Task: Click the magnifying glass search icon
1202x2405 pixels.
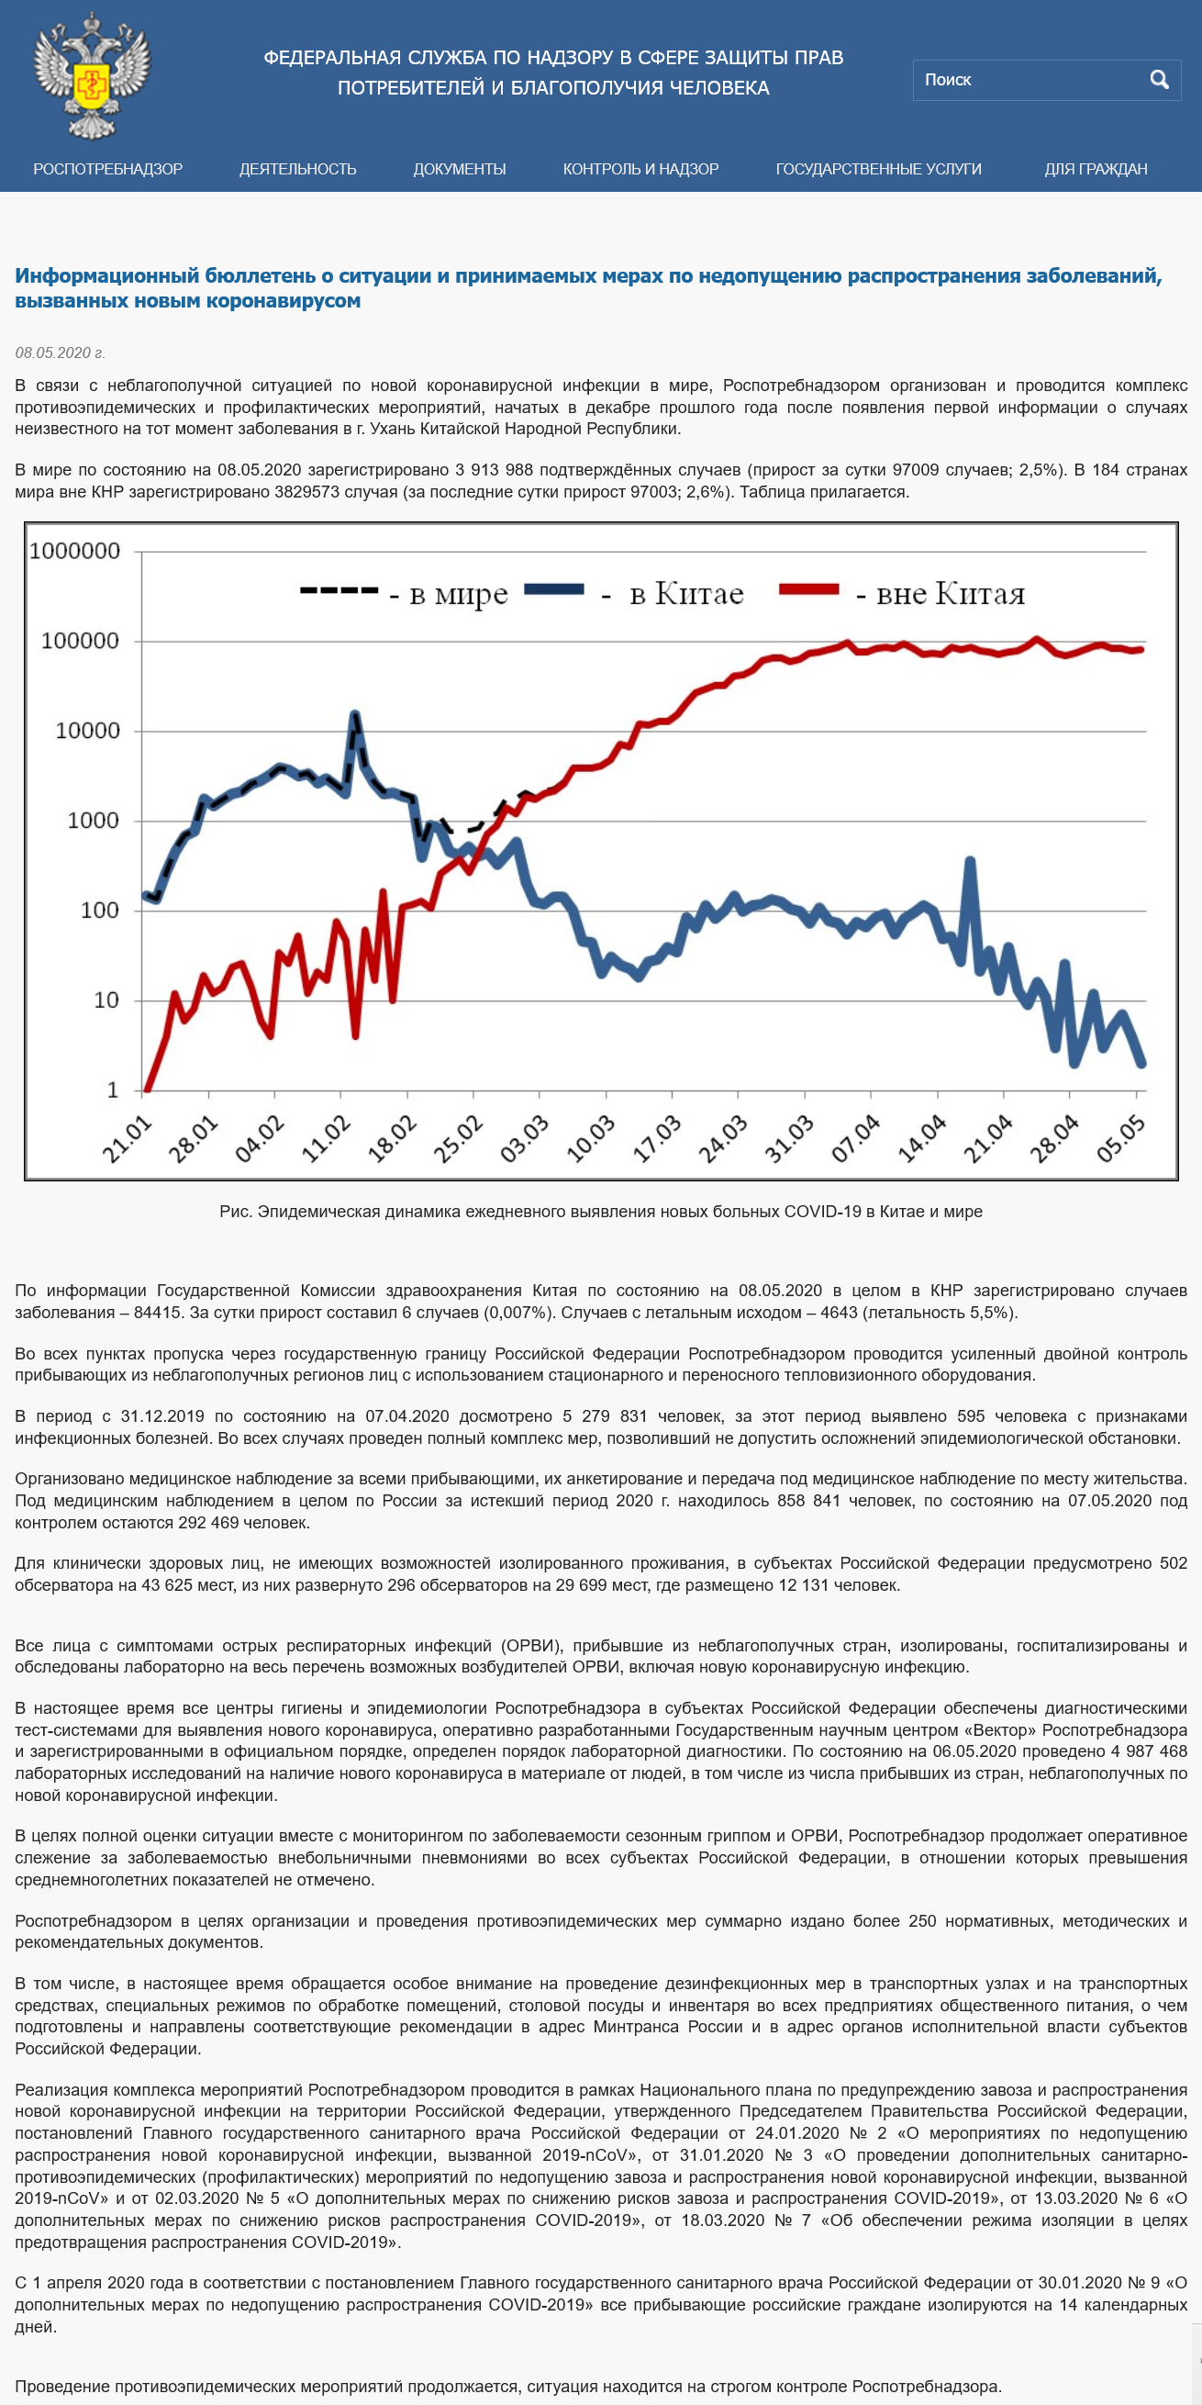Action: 1159,79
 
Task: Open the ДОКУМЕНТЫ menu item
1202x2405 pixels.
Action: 459,169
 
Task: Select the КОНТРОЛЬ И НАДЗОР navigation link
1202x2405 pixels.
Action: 640,169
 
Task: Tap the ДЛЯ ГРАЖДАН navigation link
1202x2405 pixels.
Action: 1096,169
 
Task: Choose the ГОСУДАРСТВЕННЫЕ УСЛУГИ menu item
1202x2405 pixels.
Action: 878,169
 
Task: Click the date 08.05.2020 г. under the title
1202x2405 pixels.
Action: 60,352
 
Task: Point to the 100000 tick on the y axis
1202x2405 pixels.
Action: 80,641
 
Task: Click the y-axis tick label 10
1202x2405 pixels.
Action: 106,1000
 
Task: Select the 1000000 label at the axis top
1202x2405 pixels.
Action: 74,551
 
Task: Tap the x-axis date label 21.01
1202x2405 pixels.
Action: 127,1138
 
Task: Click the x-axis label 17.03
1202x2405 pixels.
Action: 657,1138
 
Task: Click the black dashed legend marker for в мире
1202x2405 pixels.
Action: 339,590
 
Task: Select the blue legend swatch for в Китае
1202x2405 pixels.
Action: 554,589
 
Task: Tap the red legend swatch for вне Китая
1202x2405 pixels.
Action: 809,589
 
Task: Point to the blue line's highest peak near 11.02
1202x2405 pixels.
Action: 354,715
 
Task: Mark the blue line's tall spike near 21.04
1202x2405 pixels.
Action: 971,861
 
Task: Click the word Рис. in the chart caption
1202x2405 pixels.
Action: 236,1212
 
